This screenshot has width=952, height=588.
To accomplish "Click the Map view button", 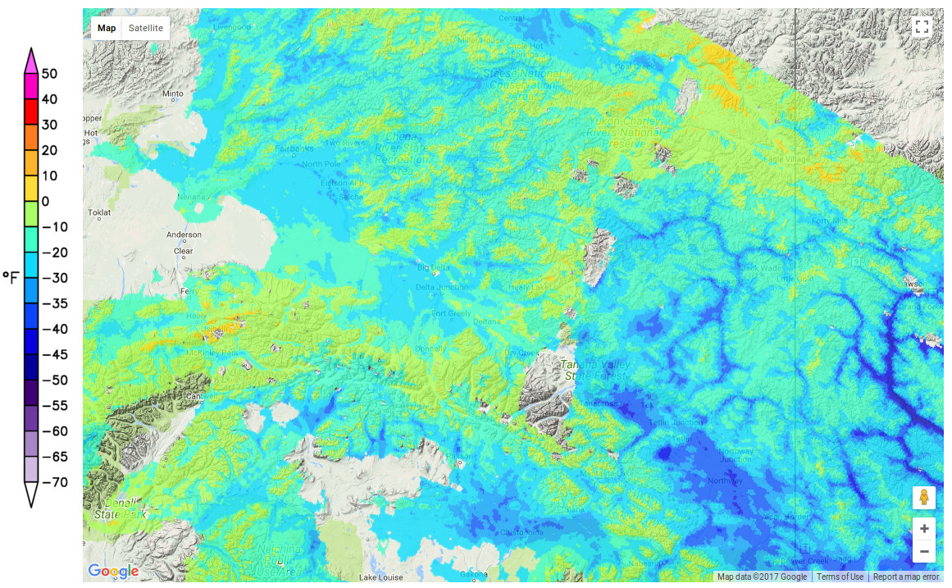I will coord(107,28).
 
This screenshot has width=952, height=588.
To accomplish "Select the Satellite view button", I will coord(146,28).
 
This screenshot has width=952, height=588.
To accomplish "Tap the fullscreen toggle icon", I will coord(922,27).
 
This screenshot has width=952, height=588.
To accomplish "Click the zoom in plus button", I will coord(924,529).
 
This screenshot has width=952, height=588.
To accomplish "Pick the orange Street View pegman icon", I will coord(924,498).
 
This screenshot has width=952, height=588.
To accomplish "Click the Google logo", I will coord(112,571).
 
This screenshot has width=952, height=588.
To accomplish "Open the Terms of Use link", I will coord(840,577).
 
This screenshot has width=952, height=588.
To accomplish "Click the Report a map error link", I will coord(906,577).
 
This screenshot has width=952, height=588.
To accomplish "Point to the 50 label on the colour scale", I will coord(49,74).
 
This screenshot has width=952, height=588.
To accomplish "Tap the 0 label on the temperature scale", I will coord(45,201).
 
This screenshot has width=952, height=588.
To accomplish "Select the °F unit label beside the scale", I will coord(11,277).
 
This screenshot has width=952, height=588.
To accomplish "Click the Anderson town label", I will coord(184,235).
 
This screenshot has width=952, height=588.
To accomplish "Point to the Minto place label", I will coord(173,94).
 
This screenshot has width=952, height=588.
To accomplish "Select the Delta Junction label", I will coord(442,287).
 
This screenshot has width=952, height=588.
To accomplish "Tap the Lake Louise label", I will coord(382,577).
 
